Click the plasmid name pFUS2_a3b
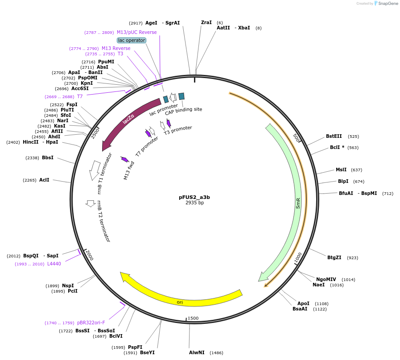(x=194, y=197)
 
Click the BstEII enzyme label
(x=334, y=137)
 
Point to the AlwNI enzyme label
(x=197, y=352)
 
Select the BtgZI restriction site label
(x=334, y=257)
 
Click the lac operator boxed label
(x=132, y=40)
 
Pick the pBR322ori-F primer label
(x=91, y=323)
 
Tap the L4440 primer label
(x=54, y=264)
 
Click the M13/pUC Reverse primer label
(x=137, y=32)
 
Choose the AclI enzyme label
(x=44, y=180)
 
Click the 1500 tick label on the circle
(x=193, y=318)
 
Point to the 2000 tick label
(x=90, y=256)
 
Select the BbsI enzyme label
(x=48, y=157)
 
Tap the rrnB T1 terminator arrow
(x=95, y=170)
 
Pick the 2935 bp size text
(x=194, y=203)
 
